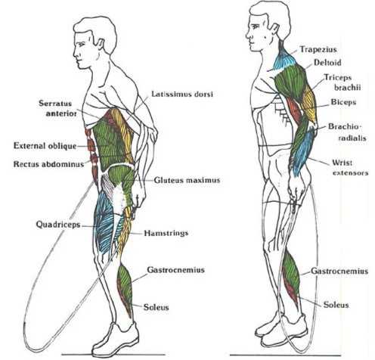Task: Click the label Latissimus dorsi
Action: click(182, 95)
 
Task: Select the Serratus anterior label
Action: click(57, 108)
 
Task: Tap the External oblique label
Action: click(45, 146)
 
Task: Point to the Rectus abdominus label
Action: click(48, 164)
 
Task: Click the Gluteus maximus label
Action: click(187, 180)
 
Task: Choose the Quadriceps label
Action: click(58, 225)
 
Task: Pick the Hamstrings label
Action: click(166, 233)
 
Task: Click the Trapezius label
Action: click(318, 49)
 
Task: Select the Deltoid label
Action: click(327, 62)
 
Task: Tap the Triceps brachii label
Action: click(342, 82)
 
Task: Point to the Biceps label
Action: click(343, 103)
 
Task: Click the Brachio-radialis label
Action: click(347, 132)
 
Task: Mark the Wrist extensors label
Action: click(351, 168)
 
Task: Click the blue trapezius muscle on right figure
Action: click(284, 60)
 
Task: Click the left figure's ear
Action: click(101, 45)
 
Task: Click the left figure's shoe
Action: click(116, 340)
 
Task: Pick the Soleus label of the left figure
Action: click(157, 307)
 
